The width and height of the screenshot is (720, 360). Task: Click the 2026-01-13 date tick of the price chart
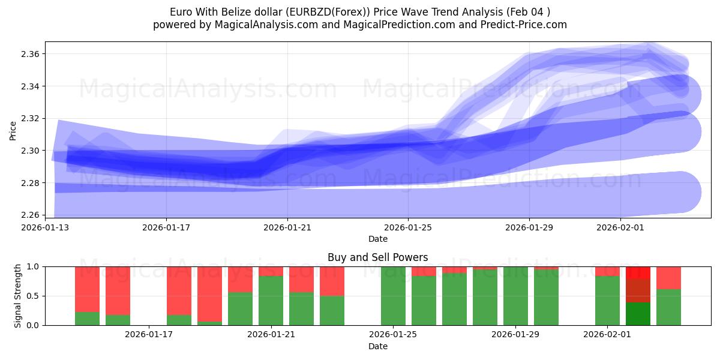(45, 227)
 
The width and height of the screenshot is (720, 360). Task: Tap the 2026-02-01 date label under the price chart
(620, 227)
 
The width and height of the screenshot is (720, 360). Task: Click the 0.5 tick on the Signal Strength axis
(33, 296)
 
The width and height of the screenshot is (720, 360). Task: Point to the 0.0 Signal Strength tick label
(33, 325)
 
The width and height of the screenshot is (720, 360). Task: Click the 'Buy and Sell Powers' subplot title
(377, 257)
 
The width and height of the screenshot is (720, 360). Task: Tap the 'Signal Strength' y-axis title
(18, 296)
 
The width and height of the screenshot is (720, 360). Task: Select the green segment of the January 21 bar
(271, 301)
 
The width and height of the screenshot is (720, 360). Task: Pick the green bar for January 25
(393, 296)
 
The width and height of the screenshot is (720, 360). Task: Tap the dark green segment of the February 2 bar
(638, 314)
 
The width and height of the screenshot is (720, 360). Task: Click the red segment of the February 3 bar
(668, 278)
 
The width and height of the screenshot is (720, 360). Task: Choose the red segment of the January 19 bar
(209, 293)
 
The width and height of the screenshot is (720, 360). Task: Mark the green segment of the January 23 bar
(332, 310)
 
